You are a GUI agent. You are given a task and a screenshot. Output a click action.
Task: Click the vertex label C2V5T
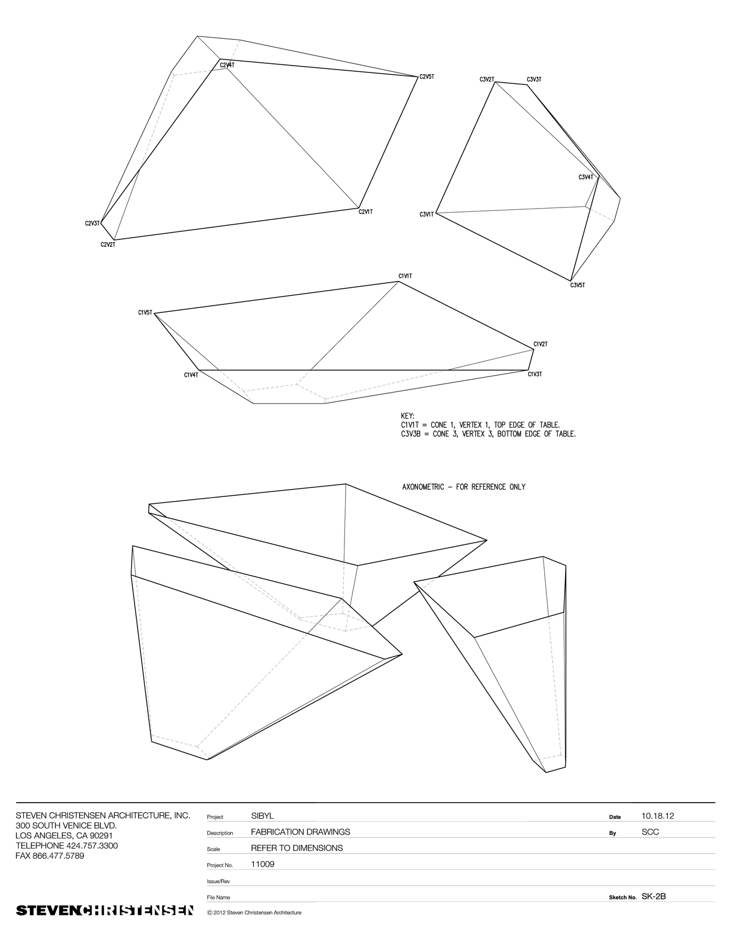[x=427, y=76]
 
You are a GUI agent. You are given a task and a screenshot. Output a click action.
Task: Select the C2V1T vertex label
[x=366, y=212]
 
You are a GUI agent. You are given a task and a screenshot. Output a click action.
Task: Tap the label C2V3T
[x=92, y=223]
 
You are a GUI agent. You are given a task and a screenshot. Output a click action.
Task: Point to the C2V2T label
[x=108, y=245]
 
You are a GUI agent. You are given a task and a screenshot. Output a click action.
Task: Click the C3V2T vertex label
[x=486, y=79]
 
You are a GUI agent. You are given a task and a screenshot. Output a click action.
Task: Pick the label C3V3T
[x=534, y=79]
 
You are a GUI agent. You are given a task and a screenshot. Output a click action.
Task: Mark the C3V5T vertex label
[x=577, y=285]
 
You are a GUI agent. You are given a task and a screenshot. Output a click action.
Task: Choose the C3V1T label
[x=427, y=214]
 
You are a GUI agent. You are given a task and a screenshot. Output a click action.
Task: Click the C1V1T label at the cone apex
[x=405, y=276]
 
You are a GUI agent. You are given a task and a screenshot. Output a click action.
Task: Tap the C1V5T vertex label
[x=145, y=312]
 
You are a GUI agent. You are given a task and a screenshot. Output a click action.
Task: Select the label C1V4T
[x=191, y=375]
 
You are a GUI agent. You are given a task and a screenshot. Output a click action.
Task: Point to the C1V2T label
[x=541, y=344]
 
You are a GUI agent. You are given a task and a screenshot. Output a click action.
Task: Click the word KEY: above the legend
[x=408, y=416]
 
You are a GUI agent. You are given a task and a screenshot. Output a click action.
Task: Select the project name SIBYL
[x=262, y=816]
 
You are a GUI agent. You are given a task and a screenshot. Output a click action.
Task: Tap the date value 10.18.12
[x=658, y=816]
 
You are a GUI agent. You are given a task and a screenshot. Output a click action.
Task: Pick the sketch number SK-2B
[x=654, y=896]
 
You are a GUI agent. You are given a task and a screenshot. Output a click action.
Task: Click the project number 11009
[x=262, y=864]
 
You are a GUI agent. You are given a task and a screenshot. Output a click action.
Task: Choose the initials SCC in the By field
[x=650, y=832]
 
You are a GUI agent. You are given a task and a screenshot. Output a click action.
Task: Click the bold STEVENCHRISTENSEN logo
[x=104, y=910]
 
